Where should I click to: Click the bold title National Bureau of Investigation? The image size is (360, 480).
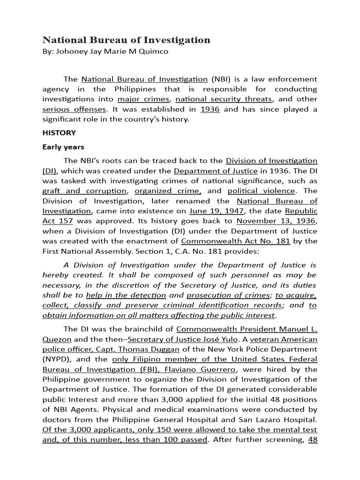[x=127, y=40]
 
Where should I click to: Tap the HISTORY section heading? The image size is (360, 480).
[x=59, y=133]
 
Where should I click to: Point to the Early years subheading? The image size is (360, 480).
[x=63, y=147]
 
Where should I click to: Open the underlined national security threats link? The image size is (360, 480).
[x=224, y=99]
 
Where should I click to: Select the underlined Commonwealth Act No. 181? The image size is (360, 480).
[x=236, y=241]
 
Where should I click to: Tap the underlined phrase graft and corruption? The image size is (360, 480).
[x=84, y=191]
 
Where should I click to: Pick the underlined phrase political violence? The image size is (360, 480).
[x=262, y=191]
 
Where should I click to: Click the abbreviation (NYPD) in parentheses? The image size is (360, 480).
[x=56, y=360]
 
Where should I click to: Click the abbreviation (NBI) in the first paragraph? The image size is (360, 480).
[x=221, y=79]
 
